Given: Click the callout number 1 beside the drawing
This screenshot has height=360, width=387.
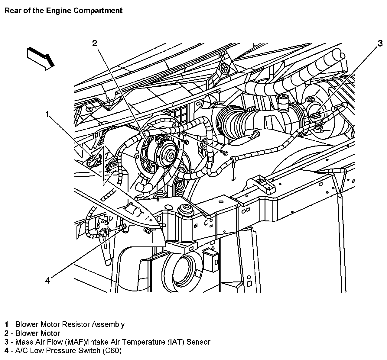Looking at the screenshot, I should [x=47, y=114].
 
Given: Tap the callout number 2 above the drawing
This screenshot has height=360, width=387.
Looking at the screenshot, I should [x=95, y=43].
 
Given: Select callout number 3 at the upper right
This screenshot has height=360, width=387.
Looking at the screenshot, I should [x=380, y=43].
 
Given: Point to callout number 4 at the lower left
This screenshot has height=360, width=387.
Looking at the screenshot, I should [x=47, y=281].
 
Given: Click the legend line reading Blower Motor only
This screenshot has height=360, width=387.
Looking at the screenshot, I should [x=37, y=333].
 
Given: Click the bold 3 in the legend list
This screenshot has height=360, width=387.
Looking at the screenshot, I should [x=6, y=342].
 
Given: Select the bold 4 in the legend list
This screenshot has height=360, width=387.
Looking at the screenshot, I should [x=6, y=351].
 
